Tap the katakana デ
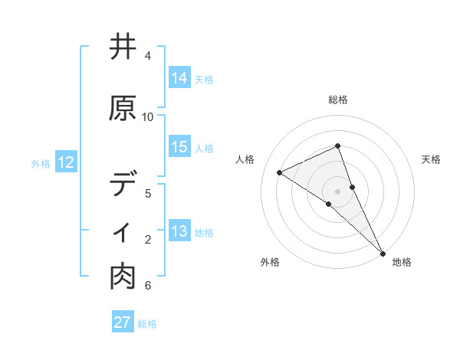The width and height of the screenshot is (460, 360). (x=123, y=185)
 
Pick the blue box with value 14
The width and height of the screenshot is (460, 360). (x=179, y=78)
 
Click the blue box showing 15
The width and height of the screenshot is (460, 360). (x=179, y=148)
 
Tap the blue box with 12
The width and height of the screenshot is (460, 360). (x=66, y=162)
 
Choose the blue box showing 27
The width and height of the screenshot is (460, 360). (x=123, y=322)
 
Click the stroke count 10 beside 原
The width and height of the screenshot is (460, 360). (x=148, y=116)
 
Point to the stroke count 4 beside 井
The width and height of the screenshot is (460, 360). (x=148, y=56)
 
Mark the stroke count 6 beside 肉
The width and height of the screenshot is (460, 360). (x=148, y=286)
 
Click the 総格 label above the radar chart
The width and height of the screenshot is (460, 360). (x=338, y=100)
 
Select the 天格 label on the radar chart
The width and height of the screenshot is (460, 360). (x=431, y=159)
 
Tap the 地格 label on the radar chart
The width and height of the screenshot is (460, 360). (x=402, y=262)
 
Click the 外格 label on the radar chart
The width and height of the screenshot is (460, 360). (x=270, y=262)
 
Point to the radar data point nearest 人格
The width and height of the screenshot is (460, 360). (x=279, y=173)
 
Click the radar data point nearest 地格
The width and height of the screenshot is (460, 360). (x=383, y=252)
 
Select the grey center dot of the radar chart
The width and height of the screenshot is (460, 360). (x=337, y=191)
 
